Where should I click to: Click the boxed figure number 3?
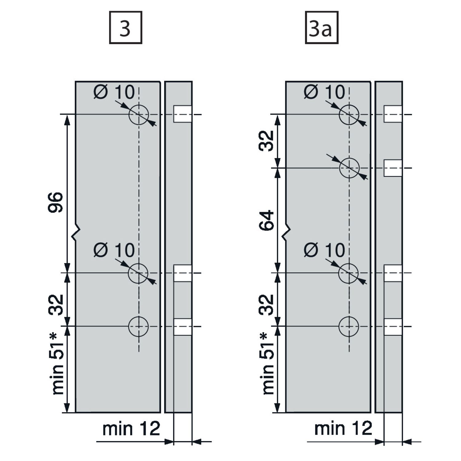pos(125,28)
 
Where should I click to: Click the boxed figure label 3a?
pos(321,28)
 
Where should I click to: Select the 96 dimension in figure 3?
pos(56,203)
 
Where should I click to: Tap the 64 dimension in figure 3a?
pos(266,220)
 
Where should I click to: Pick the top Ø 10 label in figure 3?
pos(114,92)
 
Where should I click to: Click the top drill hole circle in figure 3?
pos(139,115)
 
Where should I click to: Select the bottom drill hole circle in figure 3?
pos(139,326)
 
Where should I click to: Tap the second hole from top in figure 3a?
pos(349,168)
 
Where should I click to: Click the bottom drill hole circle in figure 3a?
pos(349,326)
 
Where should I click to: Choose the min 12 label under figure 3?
pos(131,428)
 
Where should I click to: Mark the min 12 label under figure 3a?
pos(343,428)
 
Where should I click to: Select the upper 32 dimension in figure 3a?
pos(266,141)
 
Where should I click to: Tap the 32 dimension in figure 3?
pos(56,305)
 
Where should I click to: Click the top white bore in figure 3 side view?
pos(183,114)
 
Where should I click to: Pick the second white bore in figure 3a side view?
pos(393,168)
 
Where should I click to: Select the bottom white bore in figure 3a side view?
pos(393,327)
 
